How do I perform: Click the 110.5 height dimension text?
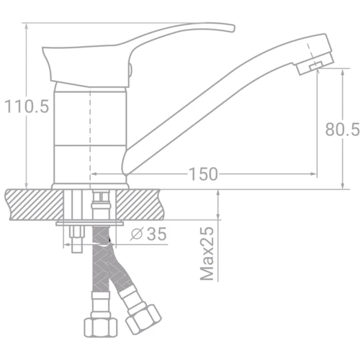27,107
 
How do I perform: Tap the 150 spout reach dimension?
203,175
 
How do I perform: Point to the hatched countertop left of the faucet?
29,203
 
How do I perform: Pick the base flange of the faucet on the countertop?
91,185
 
